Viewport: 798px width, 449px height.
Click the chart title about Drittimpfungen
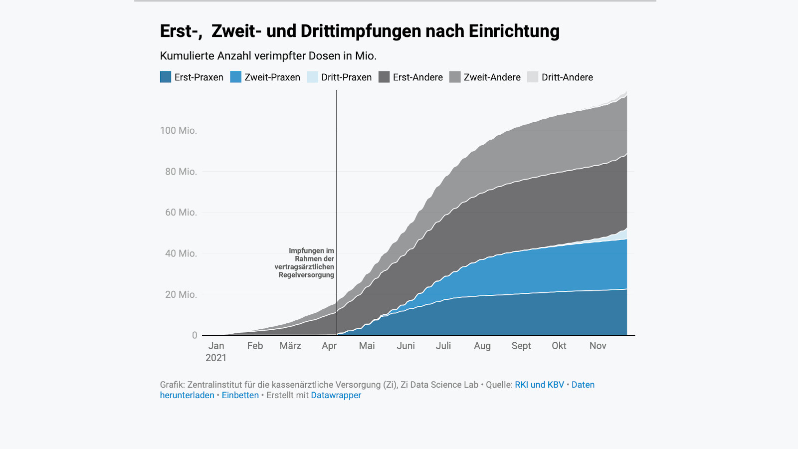pos(360,31)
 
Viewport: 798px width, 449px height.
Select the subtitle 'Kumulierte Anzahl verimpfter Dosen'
pos(268,56)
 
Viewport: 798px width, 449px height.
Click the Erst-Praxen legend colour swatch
pos(166,77)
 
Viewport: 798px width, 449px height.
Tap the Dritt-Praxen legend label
pos(346,77)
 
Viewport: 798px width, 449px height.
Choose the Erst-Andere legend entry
pos(417,77)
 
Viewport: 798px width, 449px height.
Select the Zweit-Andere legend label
pos(492,77)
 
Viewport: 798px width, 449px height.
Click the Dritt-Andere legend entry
pos(567,77)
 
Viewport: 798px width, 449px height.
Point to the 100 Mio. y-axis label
pos(179,131)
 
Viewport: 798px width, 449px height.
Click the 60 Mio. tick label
pos(181,213)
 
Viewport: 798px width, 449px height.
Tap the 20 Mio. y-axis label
pos(181,295)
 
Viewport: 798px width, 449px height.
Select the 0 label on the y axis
pos(195,335)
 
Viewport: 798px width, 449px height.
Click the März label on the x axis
pos(290,346)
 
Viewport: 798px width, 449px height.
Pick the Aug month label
pos(482,346)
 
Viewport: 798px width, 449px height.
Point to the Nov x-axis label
pos(598,346)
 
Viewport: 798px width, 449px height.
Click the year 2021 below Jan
pos(216,358)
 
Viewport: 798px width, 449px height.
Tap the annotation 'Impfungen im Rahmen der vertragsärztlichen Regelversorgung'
pos(305,263)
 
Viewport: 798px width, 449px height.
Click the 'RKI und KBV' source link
pos(539,385)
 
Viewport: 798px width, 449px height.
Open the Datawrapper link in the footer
pos(336,395)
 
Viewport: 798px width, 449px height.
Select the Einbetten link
pos(240,395)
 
